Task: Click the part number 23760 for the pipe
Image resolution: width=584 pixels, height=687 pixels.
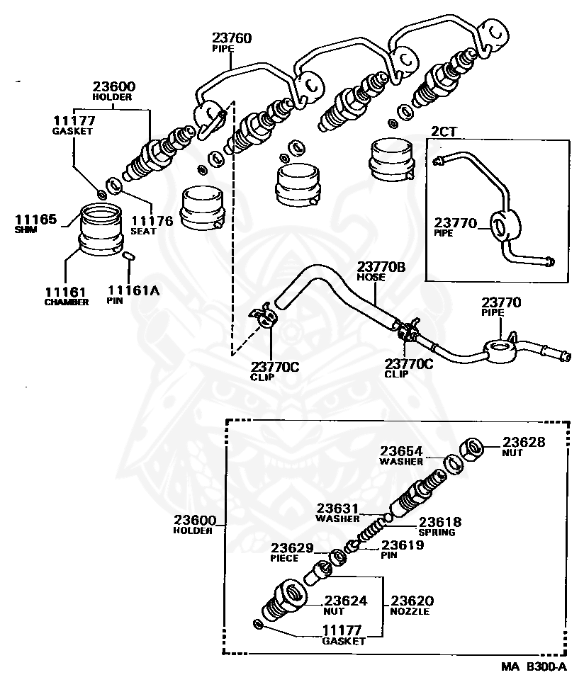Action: pyautogui.click(x=232, y=38)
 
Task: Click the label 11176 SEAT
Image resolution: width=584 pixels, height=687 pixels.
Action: pyautogui.click(x=152, y=225)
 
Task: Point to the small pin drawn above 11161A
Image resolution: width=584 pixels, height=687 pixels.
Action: pyautogui.click(x=129, y=256)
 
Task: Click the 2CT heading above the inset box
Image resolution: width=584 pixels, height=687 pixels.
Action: pyautogui.click(x=445, y=132)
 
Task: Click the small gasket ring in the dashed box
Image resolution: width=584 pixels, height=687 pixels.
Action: pyautogui.click(x=257, y=624)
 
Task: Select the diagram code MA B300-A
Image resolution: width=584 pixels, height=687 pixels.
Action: pyautogui.click(x=534, y=667)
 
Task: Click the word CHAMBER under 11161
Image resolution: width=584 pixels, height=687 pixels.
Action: pyautogui.click(x=67, y=302)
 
